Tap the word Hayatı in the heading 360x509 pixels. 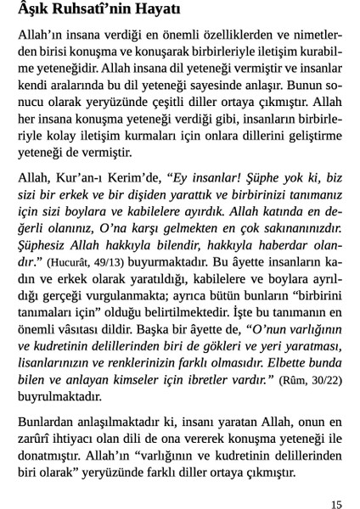coord(168,14)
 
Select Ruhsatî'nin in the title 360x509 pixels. coord(99,14)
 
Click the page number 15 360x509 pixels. coord(335,505)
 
